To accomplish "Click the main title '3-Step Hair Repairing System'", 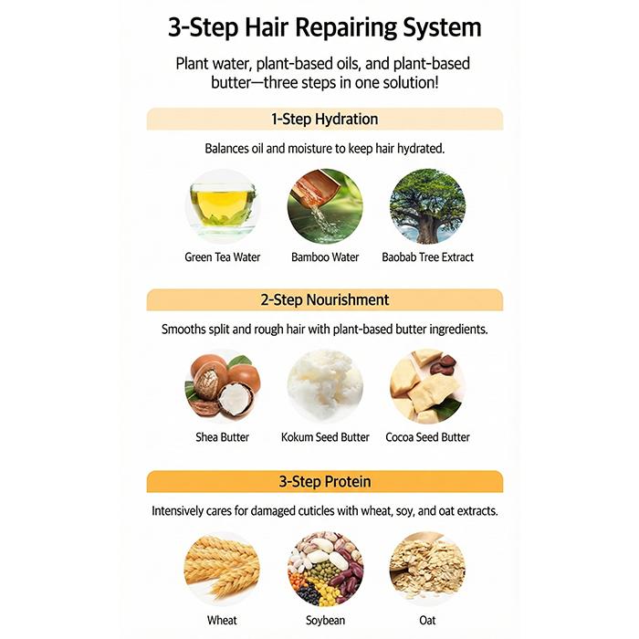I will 324,27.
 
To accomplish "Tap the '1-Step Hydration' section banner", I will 324,119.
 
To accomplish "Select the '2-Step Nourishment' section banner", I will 324,299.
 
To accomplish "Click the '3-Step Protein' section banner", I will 324,481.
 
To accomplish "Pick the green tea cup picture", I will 223,205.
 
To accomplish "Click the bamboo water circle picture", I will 325,205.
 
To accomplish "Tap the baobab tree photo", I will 427,205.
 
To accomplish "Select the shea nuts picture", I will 223,385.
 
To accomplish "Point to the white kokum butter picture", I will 325,385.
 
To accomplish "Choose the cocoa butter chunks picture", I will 427,385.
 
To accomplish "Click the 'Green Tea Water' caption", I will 223,257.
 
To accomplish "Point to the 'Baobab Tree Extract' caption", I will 427,257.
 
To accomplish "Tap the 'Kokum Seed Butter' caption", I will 325,437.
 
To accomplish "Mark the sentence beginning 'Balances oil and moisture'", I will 324,148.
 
